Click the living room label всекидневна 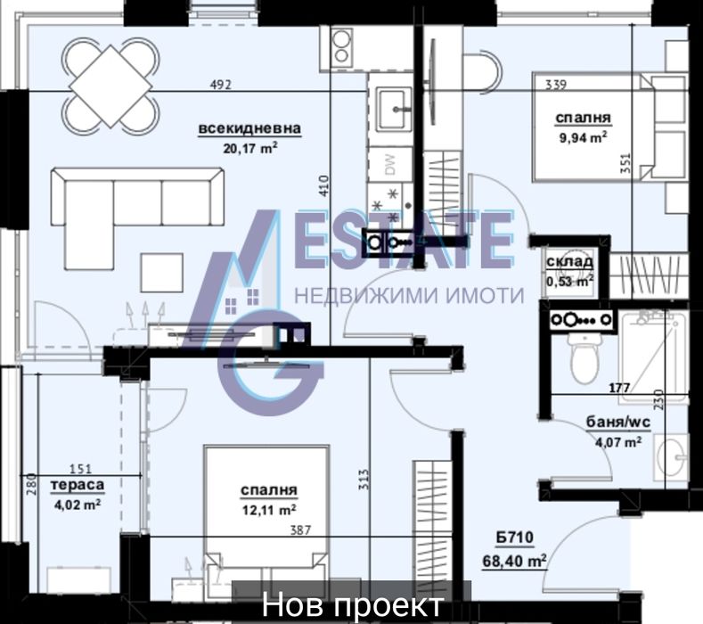(249, 128)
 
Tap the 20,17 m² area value (250, 148)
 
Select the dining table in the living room (110, 86)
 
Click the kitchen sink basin (394, 109)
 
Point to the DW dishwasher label (390, 165)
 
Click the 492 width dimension (221, 85)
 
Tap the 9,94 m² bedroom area (583, 137)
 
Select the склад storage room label (569, 261)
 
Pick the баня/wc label (618, 423)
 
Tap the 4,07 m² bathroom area (617, 442)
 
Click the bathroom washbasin (671, 457)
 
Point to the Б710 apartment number (515, 537)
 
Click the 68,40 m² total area (514, 561)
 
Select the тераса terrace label (78, 485)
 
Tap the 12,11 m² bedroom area (269, 510)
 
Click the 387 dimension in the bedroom (300, 530)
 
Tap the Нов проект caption (353, 604)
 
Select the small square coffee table (162, 273)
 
